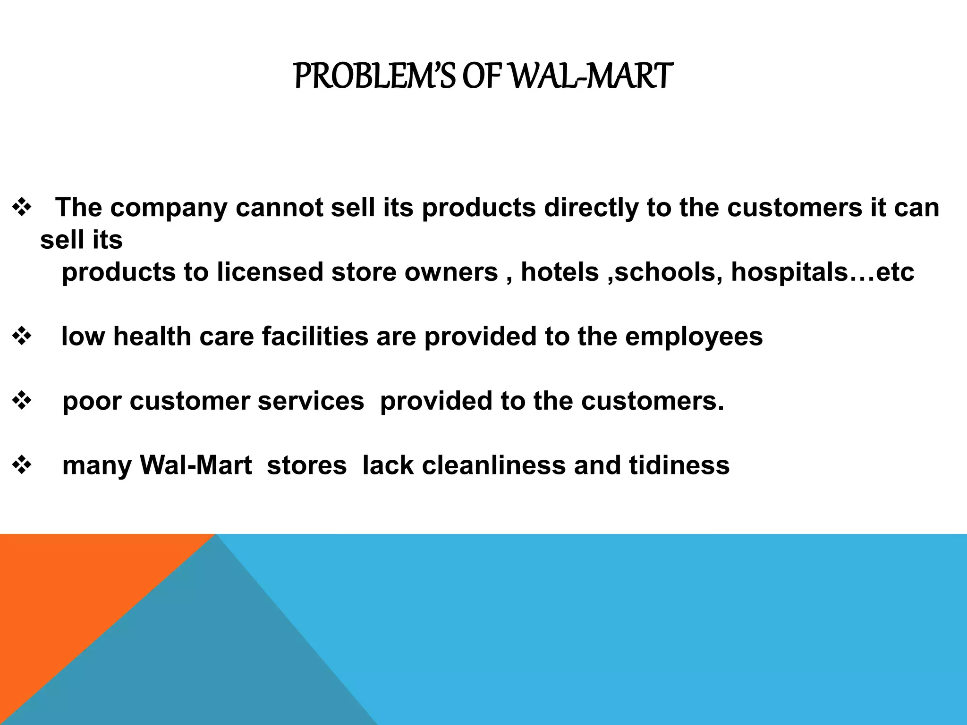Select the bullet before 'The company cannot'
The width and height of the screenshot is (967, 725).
22,208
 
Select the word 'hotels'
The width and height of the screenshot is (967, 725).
560,272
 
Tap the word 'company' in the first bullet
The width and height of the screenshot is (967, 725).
169,208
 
